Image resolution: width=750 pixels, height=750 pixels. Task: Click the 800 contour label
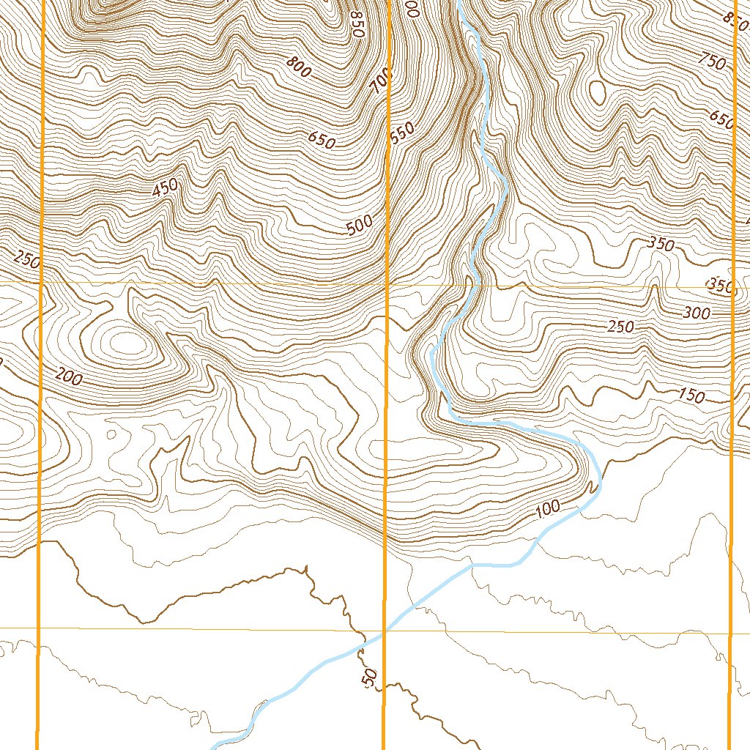click(x=299, y=67)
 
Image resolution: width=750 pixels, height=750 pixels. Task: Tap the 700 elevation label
click(x=382, y=81)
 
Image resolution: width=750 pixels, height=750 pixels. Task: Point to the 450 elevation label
click(x=166, y=188)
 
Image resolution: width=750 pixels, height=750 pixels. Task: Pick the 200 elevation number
click(x=69, y=377)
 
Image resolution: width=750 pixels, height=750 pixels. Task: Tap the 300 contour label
click(x=696, y=313)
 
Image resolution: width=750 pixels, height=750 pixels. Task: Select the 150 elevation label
click(x=691, y=396)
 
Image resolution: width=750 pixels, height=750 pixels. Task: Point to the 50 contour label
click(x=370, y=677)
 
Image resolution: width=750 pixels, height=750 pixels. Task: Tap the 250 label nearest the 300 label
click(x=620, y=327)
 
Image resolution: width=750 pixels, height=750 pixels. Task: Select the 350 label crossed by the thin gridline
click(x=721, y=286)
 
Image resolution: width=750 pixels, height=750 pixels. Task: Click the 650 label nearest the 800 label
click(x=321, y=139)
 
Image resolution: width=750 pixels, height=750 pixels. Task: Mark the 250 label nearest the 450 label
click(x=26, y=259)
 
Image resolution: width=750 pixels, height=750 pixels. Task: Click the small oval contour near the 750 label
click(x=597, y=92)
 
